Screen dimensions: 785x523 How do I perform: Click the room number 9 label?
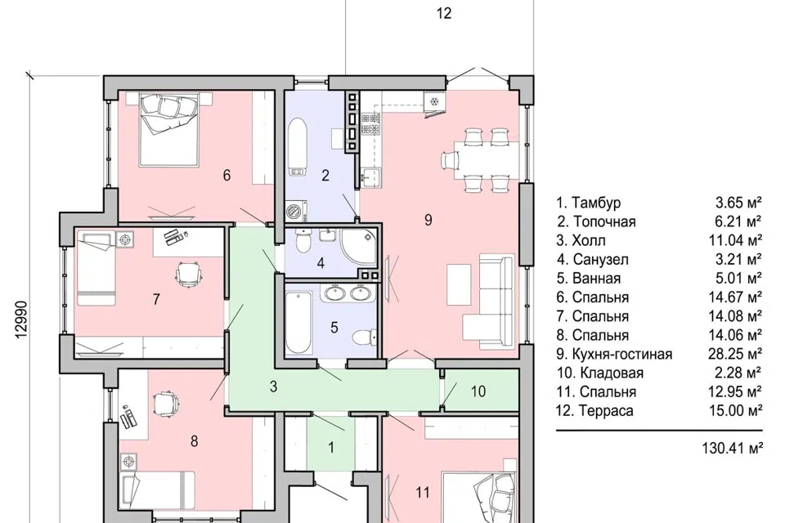[x=428, y=220]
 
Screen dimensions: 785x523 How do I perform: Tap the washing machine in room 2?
[x=296, y=211]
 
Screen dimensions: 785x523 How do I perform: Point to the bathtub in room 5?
[x=298, y=323]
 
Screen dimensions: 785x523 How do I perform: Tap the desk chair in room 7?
[x=188, y=275]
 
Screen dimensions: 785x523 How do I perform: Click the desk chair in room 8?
[x=166, y=402]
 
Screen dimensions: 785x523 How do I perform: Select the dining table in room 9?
[x=487, y=160]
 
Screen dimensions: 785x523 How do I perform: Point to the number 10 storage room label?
[x=478, y=391]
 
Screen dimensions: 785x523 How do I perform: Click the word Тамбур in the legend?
[x=596, y=203]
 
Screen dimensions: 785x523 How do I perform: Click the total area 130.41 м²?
[x=733, y=448]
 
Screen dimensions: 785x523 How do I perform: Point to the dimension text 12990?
[x=21, y=320]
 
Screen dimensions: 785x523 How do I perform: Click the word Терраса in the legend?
[x=606, y=411]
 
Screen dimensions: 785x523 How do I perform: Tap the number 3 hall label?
[x=273, y=387]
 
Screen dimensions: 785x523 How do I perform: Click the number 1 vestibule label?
[x=331, y=448]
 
